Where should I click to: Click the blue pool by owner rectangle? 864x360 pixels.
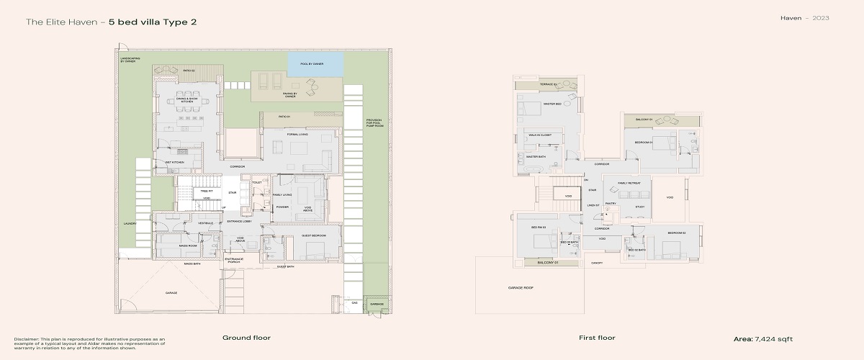[x=315, y=63]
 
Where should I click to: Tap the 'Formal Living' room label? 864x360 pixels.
[x=297, y=134]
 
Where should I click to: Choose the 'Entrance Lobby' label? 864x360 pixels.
[x=238, y=222]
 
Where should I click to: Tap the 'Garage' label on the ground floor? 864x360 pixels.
[x=171, y=293]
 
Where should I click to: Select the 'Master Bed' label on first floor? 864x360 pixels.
[x=552, y=104]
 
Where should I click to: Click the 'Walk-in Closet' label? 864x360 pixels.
[x=540, y=135]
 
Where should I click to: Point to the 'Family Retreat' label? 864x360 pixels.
[x=629, y=183]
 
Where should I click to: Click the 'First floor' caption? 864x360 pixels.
[x=597, y=338]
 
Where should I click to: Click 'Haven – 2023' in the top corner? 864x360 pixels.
[x=804, y=17]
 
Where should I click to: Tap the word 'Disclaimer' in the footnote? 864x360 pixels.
[x=27, y=338]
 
